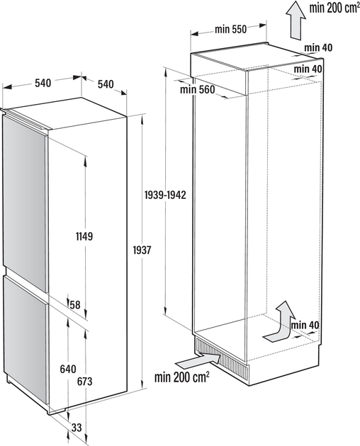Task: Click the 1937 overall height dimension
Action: pos(142,250)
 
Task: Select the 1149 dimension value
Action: pos(84,236)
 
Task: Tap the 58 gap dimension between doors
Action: pos(75,305)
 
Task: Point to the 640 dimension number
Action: pos(68,370)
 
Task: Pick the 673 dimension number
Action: pos(84,382)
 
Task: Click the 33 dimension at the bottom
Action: pos(77,427)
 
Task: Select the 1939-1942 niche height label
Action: pos(165,195)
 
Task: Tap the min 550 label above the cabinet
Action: pos(231,29)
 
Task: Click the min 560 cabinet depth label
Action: pos(198,90)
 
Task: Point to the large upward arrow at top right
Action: pos(296,19)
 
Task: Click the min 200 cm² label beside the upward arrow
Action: pos(334,8)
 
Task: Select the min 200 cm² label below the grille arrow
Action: pos(182,377)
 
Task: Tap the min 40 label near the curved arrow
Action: pos(305,325)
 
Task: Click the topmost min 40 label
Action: pos(318,47)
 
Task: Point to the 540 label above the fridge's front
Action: pos(43,83)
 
